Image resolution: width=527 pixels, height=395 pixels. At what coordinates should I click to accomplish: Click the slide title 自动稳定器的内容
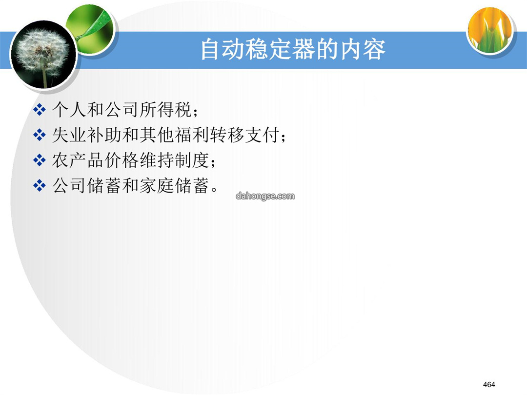coord(293,49)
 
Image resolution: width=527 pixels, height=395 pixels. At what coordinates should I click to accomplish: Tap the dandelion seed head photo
coord(43,55)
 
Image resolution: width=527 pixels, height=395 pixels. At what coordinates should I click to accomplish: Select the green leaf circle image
coord(90,29)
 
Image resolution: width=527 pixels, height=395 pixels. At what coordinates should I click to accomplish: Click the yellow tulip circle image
coord(490,30)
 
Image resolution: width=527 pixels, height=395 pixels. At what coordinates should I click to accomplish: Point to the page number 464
coord(489,385)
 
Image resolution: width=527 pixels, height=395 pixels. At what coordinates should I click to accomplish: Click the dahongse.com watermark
coord(265,196)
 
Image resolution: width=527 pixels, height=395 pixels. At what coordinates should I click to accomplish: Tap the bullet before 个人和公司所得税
coord(40,110)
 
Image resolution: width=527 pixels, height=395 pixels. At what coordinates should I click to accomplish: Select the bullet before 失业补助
coord(40,135)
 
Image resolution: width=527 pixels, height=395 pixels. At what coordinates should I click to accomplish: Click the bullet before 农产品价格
coord(40,160)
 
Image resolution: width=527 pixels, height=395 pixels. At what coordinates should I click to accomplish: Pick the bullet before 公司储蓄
coord(40,185)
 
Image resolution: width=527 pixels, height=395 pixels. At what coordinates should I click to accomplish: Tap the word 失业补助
coord(87,135)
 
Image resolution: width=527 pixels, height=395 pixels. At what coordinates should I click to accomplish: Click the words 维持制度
coord(174,160)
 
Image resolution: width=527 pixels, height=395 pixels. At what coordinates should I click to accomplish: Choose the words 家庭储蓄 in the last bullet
coord(174,185)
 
